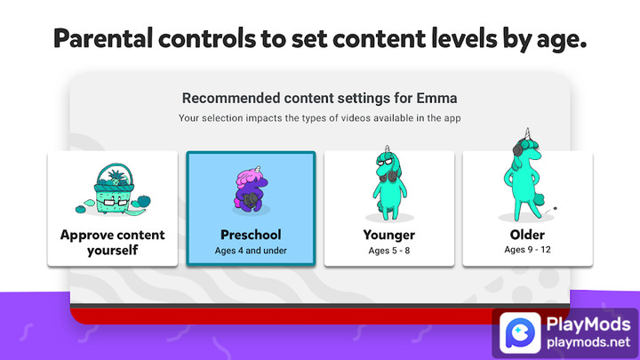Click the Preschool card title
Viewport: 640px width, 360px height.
point(250,236)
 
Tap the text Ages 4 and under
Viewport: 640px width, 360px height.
point(250,251)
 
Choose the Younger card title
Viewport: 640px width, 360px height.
point(388,236)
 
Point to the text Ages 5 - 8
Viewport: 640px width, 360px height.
point(388,250)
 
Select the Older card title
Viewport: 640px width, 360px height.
point(527,236)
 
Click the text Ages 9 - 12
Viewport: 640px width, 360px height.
point(527,250)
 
